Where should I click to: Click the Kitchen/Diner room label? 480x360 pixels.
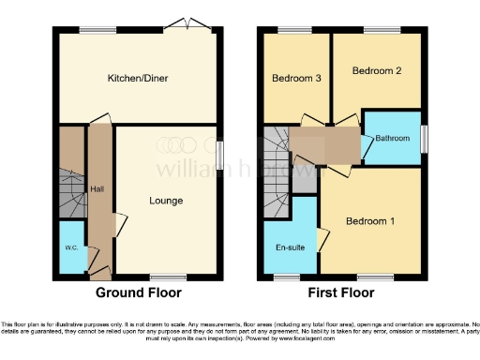coord(137,79)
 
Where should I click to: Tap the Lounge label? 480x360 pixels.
coord(165,201)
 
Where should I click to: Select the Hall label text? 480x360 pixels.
coord(97,189)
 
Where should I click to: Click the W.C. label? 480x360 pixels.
coord(70,248)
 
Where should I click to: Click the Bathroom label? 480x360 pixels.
coord(393,139)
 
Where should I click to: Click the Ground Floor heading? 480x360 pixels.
coord(139,293)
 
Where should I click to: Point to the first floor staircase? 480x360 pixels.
coord(276,173)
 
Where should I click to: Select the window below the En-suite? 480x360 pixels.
coord(287,277)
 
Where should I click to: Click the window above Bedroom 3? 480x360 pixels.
coord(296,30)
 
